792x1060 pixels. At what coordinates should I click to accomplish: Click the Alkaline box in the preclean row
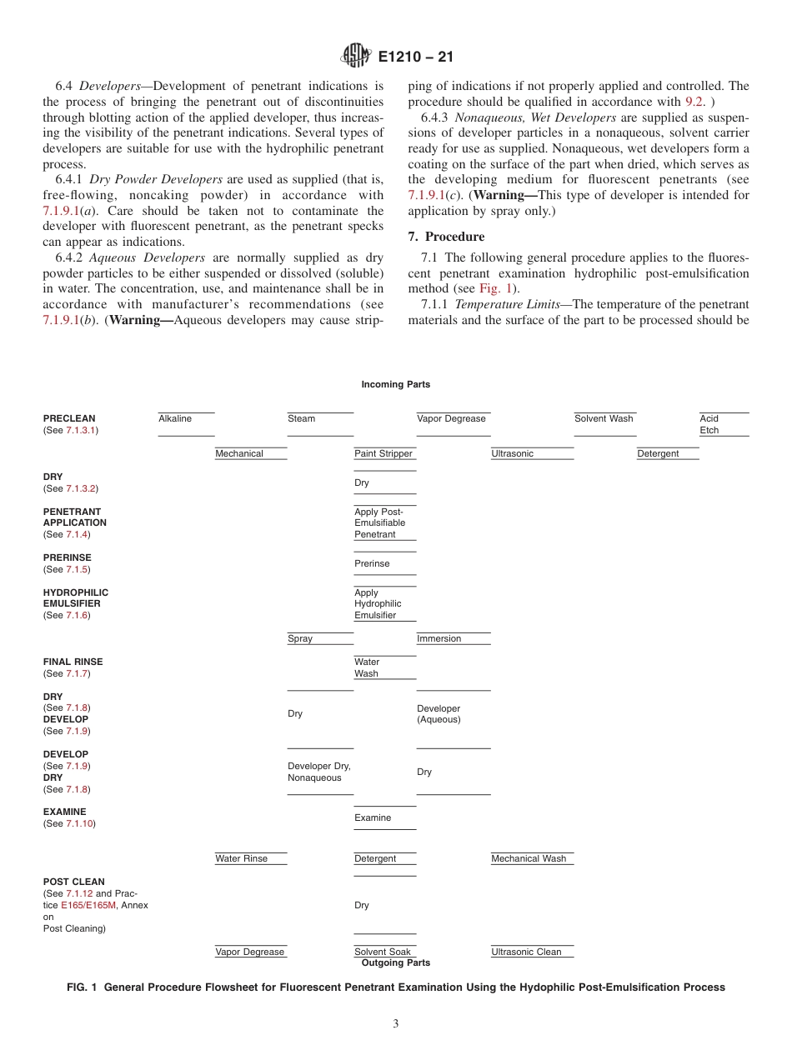coord(186,423)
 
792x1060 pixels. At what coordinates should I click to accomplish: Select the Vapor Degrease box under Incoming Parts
coord(453,423)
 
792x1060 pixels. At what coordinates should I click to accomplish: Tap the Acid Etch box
coord(723,424)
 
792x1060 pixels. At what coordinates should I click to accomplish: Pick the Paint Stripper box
coord(384,454)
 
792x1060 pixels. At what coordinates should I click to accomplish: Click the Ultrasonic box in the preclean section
coord(531,454)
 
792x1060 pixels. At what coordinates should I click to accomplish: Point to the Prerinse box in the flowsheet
coord(384,563)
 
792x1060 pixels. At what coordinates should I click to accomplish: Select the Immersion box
coord(453,639)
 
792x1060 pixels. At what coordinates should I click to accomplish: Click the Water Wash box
coord(384,667)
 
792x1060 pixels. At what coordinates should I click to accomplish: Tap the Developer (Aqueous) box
coord(453,714)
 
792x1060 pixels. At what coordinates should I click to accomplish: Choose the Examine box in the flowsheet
coord(384,817)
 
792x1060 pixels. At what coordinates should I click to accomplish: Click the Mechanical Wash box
coord(531,859)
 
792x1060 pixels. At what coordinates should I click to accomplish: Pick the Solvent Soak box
coord(384,952)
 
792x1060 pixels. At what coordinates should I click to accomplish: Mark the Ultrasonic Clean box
coord(531,952)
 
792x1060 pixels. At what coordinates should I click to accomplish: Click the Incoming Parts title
coord(395,384)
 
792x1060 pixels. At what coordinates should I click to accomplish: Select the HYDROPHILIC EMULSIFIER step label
coord(75,598)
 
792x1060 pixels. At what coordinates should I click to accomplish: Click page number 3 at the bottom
coord(396,1024)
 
